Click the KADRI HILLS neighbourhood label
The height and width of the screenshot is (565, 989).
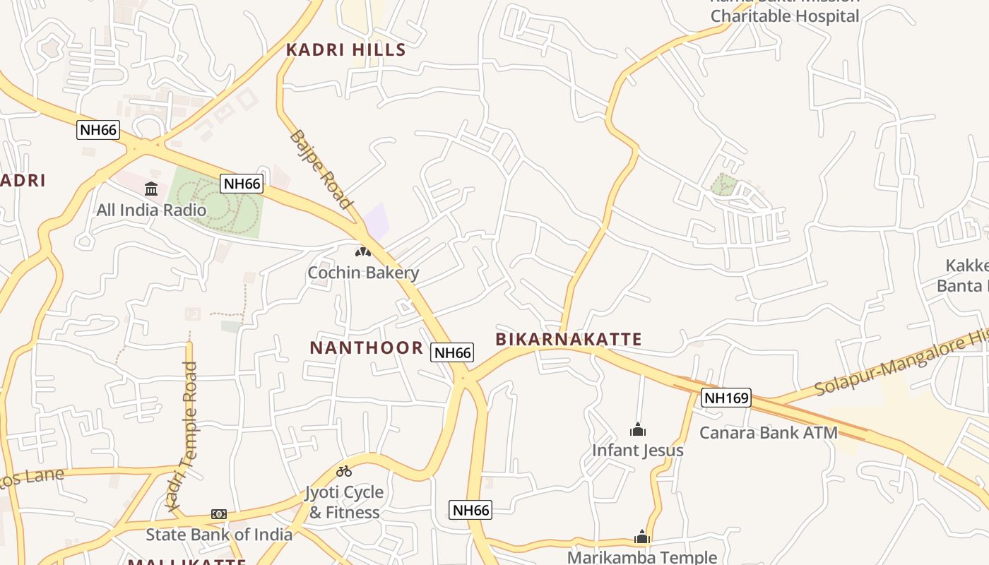(345, 49)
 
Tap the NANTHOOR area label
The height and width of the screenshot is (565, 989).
(366, 347)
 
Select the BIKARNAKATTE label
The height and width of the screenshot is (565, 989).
(569, 339)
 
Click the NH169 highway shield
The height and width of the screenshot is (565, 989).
(726, 398)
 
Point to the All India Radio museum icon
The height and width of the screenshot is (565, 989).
(151, 189)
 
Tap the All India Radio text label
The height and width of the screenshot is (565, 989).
(151, 210)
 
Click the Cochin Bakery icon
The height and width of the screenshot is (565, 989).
(363, 251)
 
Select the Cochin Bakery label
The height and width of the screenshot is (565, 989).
(363, 273)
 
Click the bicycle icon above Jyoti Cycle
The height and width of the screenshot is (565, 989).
(344, 471)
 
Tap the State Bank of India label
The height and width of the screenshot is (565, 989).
(219, 535)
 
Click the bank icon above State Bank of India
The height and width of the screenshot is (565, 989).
(219, 514)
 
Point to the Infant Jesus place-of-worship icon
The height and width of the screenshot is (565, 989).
(638, 429)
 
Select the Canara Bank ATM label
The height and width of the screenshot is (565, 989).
(768, 433)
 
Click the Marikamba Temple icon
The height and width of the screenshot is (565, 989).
(641, 537)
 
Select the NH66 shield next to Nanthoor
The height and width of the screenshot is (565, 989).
(452, 352)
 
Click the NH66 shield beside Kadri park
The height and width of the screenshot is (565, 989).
(242, 184)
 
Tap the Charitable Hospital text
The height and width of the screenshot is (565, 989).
(784, 16)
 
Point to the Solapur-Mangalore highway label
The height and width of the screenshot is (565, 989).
(901, 364)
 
